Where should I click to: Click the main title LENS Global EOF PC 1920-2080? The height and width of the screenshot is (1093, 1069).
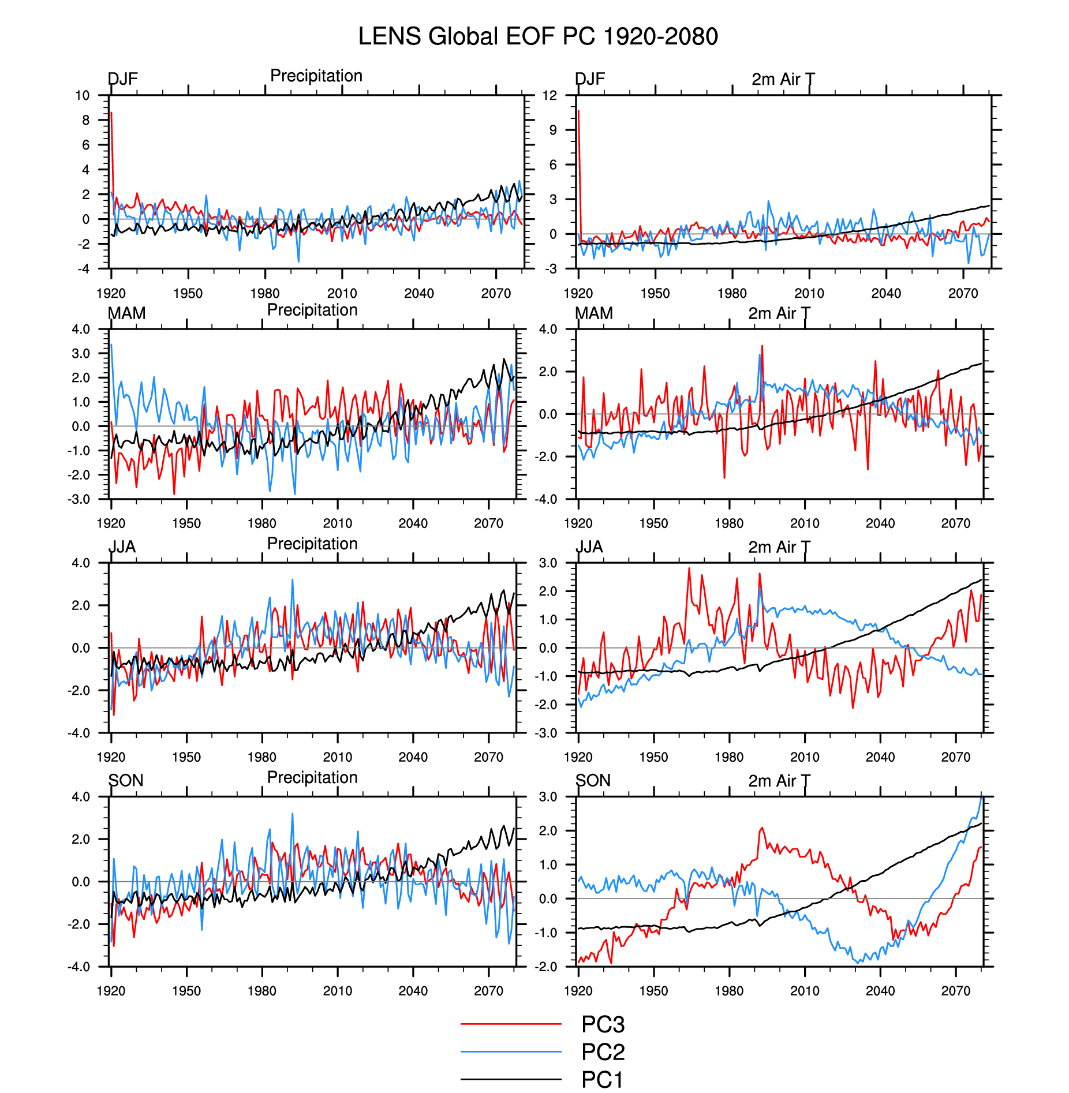[537, 36]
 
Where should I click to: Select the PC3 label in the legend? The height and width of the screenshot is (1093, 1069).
[603, 1024]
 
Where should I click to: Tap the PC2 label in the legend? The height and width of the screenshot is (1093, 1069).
[603, 1052]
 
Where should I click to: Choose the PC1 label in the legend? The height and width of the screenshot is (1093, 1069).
[602, 1079]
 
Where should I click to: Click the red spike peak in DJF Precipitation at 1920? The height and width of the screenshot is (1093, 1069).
[111, 113]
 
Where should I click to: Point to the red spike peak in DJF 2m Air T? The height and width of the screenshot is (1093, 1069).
[578, 111]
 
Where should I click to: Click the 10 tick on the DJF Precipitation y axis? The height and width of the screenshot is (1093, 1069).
[83, 96]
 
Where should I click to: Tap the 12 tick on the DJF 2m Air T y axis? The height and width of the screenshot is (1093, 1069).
[550, 96]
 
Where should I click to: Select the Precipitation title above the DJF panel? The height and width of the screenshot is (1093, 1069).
[316, 76]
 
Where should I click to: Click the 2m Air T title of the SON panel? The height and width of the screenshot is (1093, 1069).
[779, 781]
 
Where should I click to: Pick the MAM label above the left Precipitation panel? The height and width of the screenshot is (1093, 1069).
[126, 313]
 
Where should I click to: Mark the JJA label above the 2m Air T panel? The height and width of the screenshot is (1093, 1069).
[589, 546]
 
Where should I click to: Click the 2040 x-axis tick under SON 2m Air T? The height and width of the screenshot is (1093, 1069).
[880, 991]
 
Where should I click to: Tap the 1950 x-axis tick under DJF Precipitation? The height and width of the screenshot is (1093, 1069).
[188, 293]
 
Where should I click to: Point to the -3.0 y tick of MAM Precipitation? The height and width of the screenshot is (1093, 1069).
[80, 499]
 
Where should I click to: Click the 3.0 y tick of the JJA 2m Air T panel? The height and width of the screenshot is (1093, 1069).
[548, 563]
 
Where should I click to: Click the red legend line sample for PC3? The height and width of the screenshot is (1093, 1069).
[511, 1024]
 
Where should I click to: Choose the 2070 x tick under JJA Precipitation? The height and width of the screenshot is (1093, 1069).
[488, 757]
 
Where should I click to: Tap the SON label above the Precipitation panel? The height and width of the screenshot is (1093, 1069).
[126, 780]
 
